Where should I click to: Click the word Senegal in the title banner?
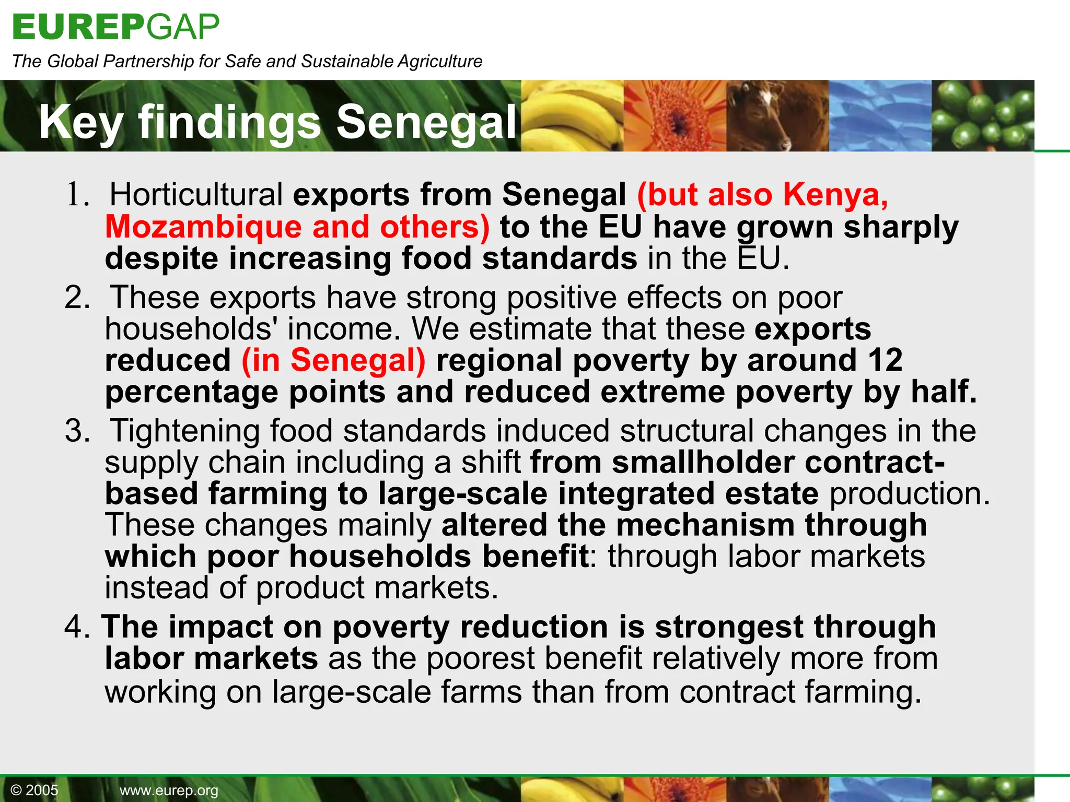tap(426, 122)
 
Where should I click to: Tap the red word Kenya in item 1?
tap(835, 195)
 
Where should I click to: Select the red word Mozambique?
tap(203, 227)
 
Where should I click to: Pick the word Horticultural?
tap(196, 195)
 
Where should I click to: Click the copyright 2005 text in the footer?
tap(34, 790)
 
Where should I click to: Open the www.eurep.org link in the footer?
tap(169, 791)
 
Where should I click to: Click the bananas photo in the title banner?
tap(572, 116)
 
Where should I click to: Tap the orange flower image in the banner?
tap(675, 116)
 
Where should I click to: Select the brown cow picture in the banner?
tap(777, 116)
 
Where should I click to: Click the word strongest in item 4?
tap(729, 627)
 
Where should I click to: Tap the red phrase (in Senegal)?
tap(333, 360)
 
